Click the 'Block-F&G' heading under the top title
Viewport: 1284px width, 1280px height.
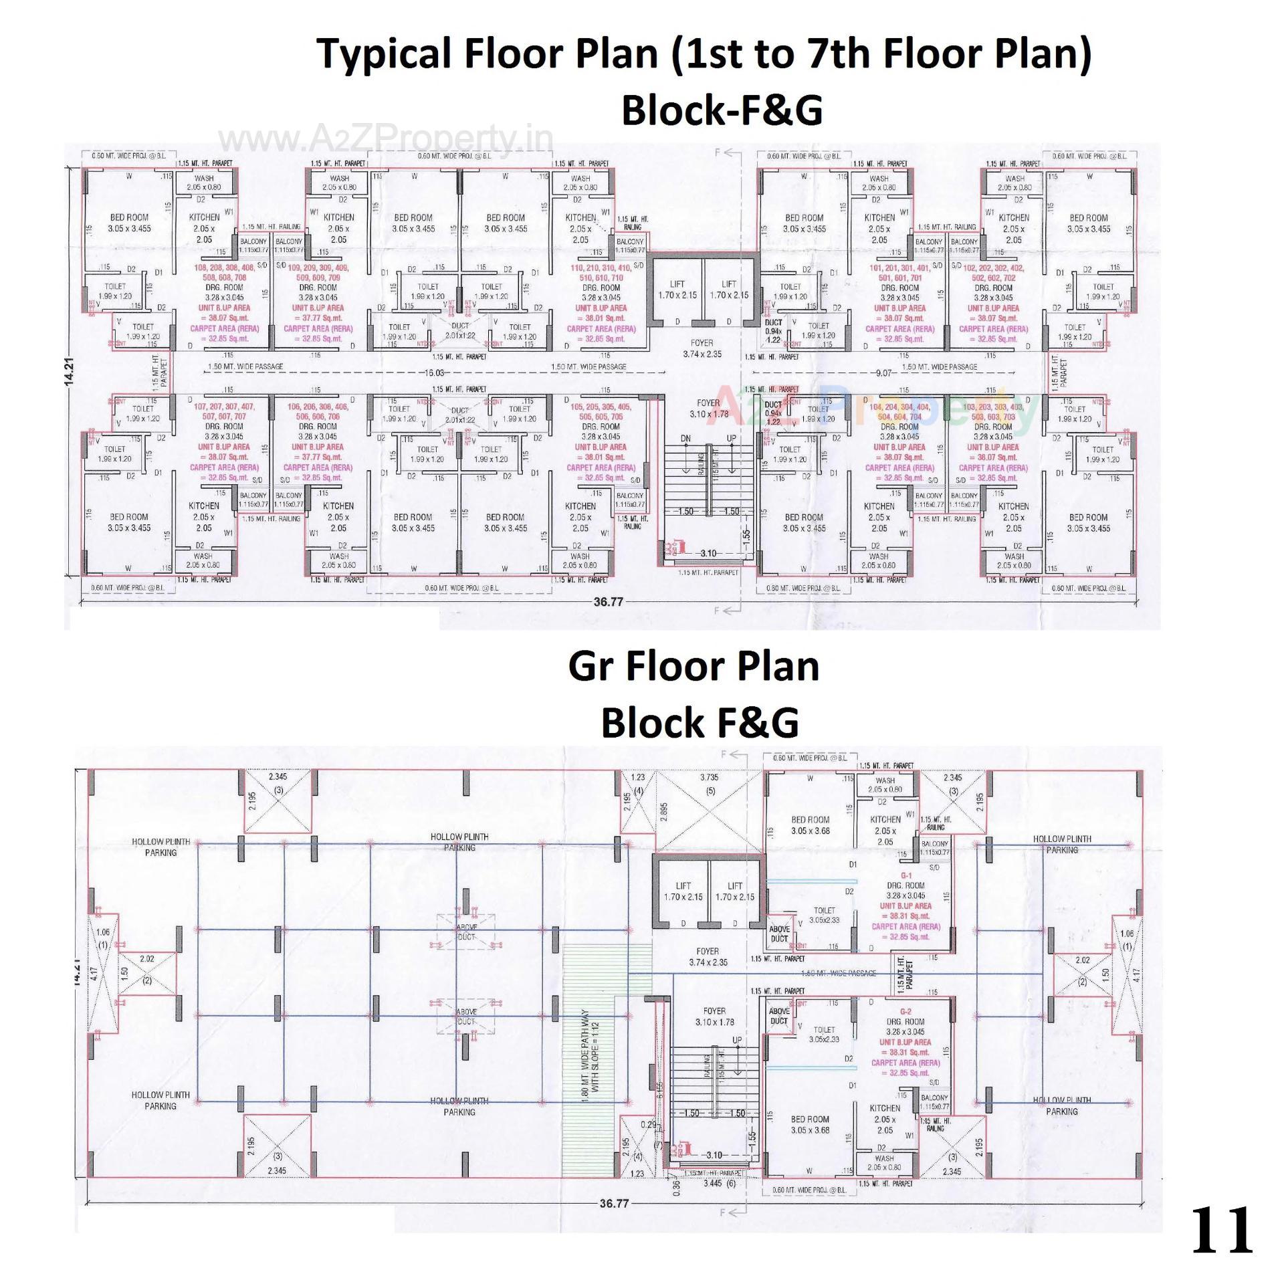tap(722, 110)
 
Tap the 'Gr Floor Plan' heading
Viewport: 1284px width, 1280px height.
tap(693, 666)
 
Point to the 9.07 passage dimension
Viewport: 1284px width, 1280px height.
tap(883, 372)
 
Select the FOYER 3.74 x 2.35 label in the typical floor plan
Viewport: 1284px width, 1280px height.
tap(702, 348)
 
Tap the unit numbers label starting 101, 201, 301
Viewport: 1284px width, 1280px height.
tap(899, 272)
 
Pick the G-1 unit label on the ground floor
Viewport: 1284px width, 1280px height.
tap(906, 875)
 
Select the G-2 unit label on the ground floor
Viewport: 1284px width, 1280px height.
tap(905, 1012)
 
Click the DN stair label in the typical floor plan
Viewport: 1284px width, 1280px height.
tap(685, 439)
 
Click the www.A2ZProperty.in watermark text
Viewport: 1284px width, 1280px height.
tap(386, 139)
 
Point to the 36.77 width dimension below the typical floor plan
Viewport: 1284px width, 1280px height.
tap(608, 602)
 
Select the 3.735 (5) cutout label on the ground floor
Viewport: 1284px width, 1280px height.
tap(709, 783)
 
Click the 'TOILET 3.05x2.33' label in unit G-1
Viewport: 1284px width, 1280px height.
tap(824, 915)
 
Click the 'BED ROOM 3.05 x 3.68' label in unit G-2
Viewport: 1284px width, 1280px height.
tap(810, 1125)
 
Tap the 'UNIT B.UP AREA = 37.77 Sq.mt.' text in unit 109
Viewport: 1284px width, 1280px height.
tap(318, 313)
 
